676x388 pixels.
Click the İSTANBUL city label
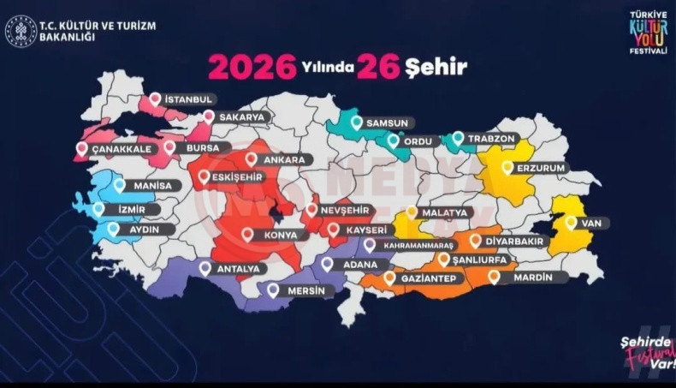tap(188, 99)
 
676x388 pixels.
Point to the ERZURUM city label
tap(541, 168)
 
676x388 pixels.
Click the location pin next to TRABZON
tap(458, 137)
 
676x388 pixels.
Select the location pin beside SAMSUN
tap(357, 122)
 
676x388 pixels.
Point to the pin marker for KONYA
tap(247, 234)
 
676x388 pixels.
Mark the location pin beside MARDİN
tap(494, 277)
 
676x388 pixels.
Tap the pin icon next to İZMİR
tap(98, 208)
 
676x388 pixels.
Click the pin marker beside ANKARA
tap(251, 158)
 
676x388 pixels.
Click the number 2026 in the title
tap(252, 66)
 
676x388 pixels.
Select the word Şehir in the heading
tap(437, 66)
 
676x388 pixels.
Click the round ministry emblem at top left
tap(21, 31)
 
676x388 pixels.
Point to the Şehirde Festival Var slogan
tap(646, 352)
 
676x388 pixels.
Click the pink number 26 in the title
tap(379, 66)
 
